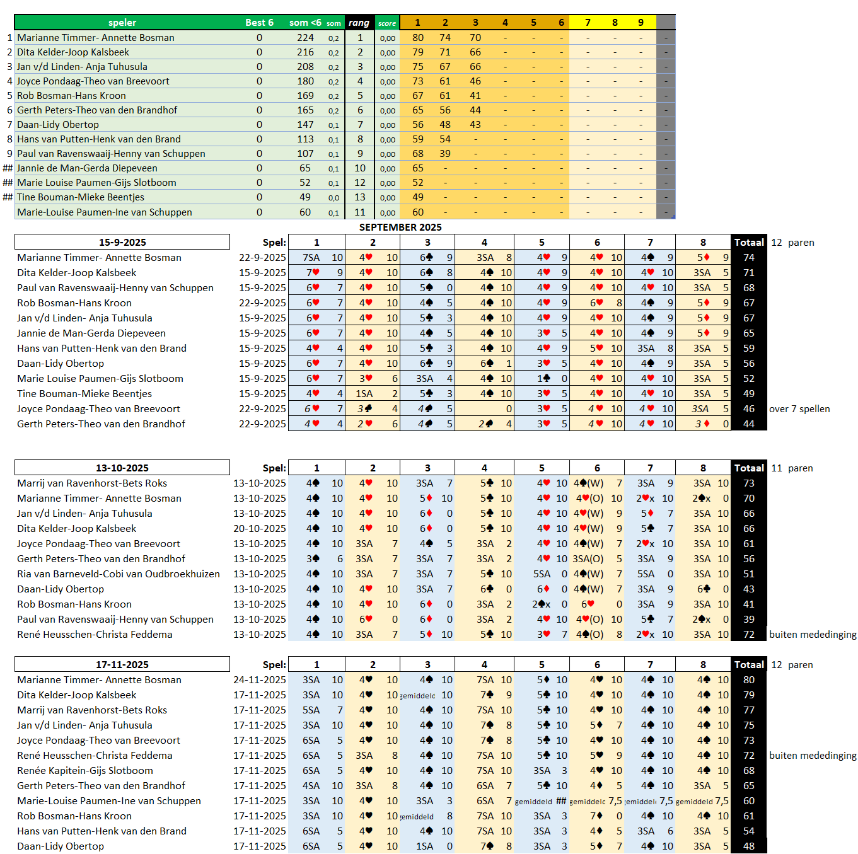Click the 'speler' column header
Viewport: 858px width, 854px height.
click(122, 23)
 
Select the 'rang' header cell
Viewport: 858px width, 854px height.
click(359, 23)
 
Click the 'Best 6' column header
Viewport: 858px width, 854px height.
click(259, 23)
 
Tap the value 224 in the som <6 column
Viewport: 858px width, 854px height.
click(305, 38)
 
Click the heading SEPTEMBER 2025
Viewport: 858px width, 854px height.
click(400, 228)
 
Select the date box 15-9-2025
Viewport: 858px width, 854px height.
click(122, 243)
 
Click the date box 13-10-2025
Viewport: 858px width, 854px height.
click(122, 468)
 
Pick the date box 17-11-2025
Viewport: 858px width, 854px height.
click(122, 665)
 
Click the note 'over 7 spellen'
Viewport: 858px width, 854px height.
click(799, 409)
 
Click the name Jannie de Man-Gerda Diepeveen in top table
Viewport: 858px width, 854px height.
click(87, 168)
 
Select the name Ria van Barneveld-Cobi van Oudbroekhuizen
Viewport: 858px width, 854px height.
click(119, 574)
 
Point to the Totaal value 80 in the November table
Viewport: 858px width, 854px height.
click(749, 680)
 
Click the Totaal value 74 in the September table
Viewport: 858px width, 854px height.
click(749, 258)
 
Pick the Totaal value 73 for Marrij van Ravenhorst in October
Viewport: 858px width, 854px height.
click(749, 483)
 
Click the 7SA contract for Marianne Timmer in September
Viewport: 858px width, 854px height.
click(311, 258)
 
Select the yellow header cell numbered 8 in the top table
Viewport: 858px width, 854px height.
click(615, 23)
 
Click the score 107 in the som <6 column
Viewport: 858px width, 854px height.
click(305, 154)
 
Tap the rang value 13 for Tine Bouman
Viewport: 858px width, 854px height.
click(360, 197)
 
